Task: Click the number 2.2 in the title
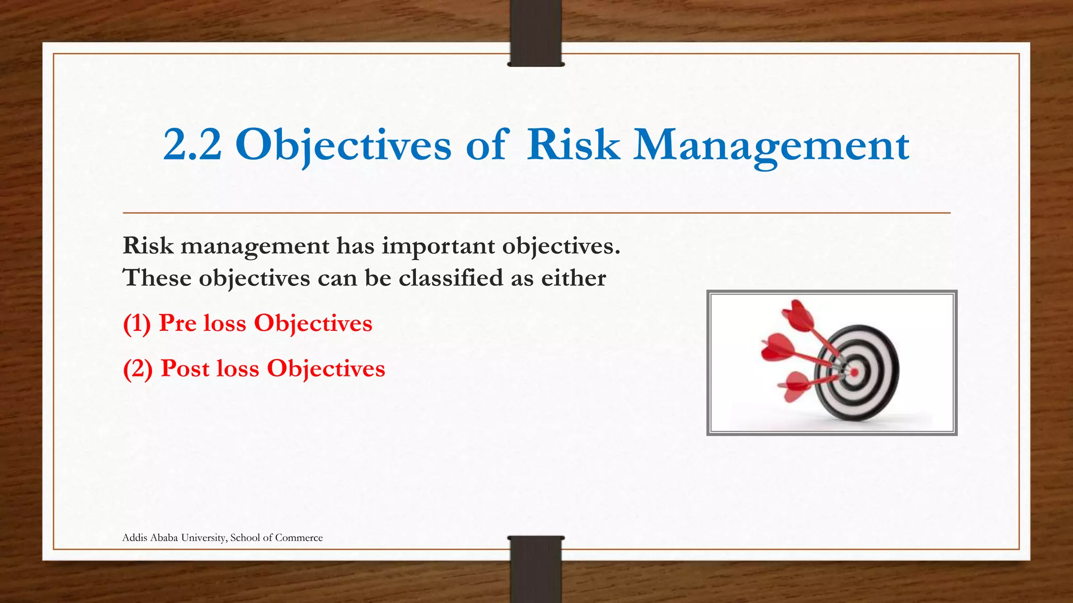click(x=192, y=145)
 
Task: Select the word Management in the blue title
click(x=771, y=145)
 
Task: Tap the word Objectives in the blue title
click(x=343, y=145)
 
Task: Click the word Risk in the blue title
click(x=573, y=145)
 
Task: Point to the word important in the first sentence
click(x=438, y=246)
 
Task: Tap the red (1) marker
click(x=137, y=323)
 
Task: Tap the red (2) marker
click(x=138, y=369)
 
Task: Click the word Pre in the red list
click(x=178, y=323)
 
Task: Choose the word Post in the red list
click(x=185, y=368)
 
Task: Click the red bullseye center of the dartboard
click(x=854, y=373)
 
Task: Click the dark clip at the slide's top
click(x=535, y=32)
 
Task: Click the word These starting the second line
click(x=157, y=277)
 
